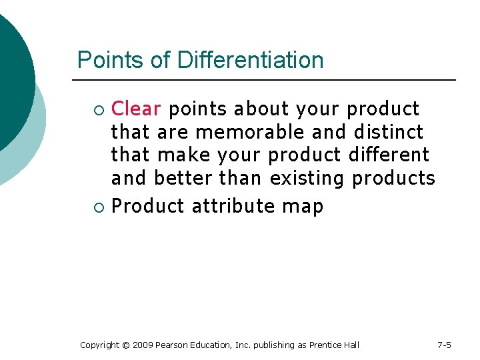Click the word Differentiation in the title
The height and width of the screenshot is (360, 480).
tap(250, 60)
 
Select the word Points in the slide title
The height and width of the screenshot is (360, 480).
tap(111, 60)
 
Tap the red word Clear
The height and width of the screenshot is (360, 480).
tap(136, 109)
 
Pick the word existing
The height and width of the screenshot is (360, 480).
tap(307, 179)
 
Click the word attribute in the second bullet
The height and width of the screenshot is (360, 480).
tap(233, 207)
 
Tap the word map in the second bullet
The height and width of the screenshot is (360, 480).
tap(303, 207)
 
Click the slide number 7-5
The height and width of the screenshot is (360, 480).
tap(444, 345)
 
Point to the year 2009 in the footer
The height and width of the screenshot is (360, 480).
tap(143, 345)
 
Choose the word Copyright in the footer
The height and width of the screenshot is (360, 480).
tap(99, 345)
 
